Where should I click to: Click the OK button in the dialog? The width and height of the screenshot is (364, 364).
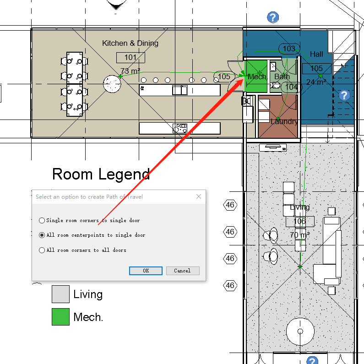(x=146, y=271)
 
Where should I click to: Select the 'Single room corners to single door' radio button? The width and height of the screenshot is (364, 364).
(x=42, y=220)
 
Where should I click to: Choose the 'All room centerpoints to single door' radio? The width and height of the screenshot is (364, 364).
(x=42, y=235)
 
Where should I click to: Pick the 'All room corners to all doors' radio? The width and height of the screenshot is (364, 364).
(x=42, y=250)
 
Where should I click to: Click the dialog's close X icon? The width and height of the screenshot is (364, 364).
(x=199, y=196)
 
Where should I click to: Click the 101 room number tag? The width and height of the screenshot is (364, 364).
(x=130, y=58)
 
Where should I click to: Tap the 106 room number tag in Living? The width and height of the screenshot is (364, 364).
(x=300, y=222)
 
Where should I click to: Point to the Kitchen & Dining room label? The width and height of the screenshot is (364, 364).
(x=130, y=43)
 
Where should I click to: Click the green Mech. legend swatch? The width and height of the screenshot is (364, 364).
(x=60, y=317)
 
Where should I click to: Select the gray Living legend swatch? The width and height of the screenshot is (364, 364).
(x=60, y=294)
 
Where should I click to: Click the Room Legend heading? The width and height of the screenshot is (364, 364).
(x=101, y=174)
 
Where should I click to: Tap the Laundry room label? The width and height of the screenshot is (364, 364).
(x=284, y=121)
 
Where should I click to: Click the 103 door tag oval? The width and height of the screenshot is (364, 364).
(x=289, y=49)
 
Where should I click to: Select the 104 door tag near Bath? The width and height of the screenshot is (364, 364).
(x=291, y=87)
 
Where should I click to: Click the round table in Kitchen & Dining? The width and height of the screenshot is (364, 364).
(x=112, y=83)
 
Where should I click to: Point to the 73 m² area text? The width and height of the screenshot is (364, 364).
(x=130, y=71)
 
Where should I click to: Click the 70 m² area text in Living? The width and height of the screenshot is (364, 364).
(x=300, y=235)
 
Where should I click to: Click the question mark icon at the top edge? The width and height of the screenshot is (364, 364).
(x=273, y=18)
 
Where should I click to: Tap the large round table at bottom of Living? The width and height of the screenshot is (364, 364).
(x=300, y=331)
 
